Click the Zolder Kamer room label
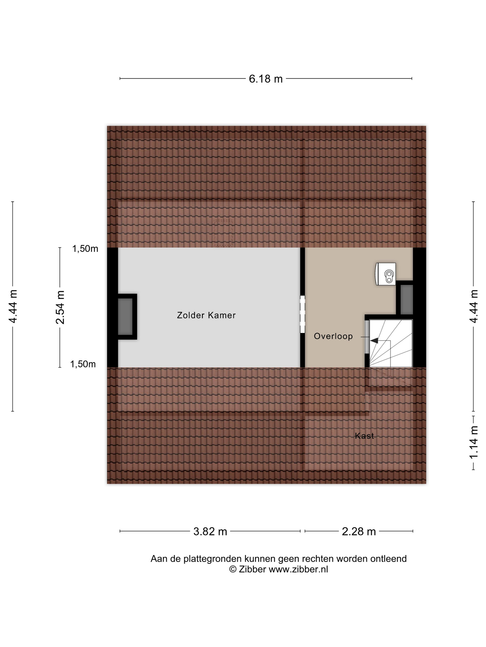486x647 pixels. point(206,315)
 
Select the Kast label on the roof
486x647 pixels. point(364,436)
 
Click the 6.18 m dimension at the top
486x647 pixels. point(266,79)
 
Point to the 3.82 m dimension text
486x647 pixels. point(210,531)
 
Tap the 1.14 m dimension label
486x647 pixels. point(474,442)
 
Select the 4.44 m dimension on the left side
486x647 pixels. point(13,307)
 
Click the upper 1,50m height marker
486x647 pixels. point(85,249)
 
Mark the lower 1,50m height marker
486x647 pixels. point(83,364)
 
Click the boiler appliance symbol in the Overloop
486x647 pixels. point(386,274)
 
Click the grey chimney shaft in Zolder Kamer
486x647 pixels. point(125,317)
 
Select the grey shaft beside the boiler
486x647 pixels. point(407,299)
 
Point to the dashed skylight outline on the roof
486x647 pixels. point(223,233)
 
